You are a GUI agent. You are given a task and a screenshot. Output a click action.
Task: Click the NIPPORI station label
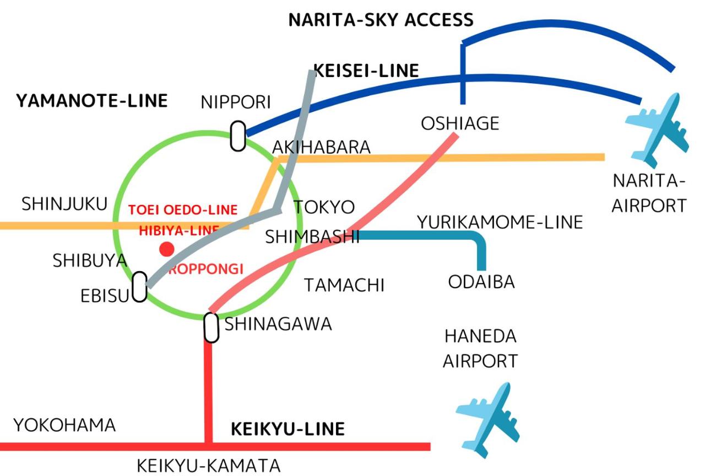coord(236,102)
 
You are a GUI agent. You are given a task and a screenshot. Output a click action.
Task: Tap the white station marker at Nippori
coord(238,136)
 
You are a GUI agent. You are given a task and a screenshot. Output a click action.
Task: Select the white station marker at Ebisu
coord(139,287)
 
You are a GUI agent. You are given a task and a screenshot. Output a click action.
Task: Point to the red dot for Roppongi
coord(166,249)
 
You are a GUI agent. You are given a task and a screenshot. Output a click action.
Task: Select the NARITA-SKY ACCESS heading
coord(381,20)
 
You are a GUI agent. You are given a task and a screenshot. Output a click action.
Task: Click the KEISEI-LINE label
coord(366,71)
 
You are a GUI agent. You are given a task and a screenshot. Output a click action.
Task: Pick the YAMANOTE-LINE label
coord(91,101)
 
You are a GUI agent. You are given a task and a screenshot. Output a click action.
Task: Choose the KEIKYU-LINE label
coord(288,429)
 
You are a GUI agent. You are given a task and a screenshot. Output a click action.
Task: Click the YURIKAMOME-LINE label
coord(500,222)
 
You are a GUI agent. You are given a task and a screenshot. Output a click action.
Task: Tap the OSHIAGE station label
coord(460,123)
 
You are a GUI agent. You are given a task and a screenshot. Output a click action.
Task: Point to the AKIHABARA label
coord(322,148)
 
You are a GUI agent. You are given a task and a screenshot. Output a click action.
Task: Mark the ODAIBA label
coord(481,282)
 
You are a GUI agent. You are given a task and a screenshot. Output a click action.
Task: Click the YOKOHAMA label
coord(64,425)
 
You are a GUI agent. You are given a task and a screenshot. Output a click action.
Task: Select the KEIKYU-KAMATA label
coord(208,466)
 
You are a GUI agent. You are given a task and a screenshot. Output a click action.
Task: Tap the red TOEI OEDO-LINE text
coord(183,210)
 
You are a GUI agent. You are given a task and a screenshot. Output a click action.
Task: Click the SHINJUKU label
coord(64,204)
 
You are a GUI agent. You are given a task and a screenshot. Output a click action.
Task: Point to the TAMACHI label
coord(344,285)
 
